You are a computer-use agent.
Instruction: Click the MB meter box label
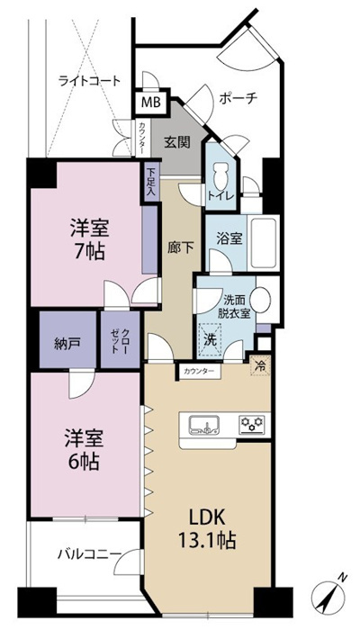[x=151, y=103]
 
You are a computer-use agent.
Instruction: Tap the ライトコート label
[x=89, y=81]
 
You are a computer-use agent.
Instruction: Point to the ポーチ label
[x=238, y=98]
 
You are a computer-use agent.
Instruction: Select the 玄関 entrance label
[x=177, y=142]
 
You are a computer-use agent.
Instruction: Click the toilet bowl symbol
[x=220, y=175]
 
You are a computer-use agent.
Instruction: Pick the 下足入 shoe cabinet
[x=150, y=182]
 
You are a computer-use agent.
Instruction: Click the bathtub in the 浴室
[x=263, y=243]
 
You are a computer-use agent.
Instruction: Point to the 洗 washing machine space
[x=210, y=340]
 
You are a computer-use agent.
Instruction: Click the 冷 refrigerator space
[x=260, y=366]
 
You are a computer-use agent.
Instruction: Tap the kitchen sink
[x=204, y=425]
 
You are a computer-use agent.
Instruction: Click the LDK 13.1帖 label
[x=207, y=530]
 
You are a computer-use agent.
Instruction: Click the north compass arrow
[x=330, y=597]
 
